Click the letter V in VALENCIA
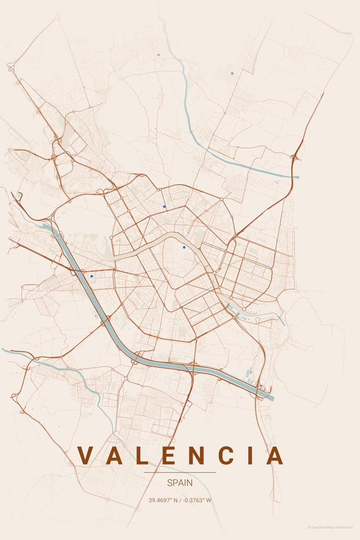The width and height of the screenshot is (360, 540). pos(86,455)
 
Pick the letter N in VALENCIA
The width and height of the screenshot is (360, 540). pos(194,455)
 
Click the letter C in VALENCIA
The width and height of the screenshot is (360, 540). pos(224,455)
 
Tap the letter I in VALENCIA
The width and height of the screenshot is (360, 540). pos(249,455)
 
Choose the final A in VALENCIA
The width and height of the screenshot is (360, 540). pos(274,455)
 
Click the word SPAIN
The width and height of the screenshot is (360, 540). pos(180,483)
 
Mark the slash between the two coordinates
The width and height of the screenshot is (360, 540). pos(180,500)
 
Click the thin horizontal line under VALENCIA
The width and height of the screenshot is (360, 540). pos(180,472)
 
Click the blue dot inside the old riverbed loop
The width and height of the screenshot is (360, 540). pos(184,247)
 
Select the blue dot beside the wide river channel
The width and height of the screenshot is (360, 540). pos(91,276)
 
